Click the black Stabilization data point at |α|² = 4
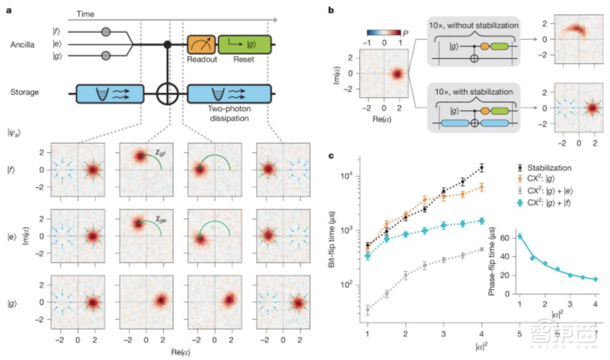pos(482,168)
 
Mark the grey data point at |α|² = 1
pos(368,310)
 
